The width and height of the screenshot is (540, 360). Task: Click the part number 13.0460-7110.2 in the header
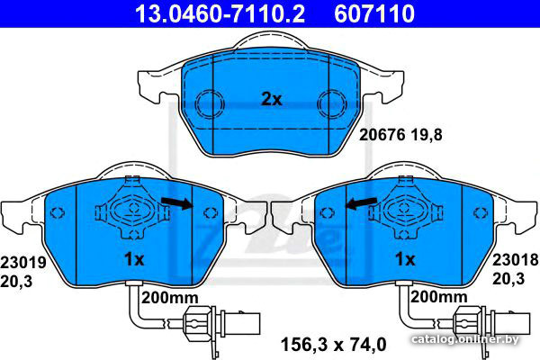220,13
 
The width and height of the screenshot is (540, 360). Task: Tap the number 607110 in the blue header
374,13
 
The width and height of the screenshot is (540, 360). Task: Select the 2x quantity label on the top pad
272,100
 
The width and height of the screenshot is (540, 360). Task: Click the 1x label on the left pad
134,259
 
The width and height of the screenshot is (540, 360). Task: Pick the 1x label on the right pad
405,259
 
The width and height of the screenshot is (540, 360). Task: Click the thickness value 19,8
427,135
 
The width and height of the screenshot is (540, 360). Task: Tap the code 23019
23,263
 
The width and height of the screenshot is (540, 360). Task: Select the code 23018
515,260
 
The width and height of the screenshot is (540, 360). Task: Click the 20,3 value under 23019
16,282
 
